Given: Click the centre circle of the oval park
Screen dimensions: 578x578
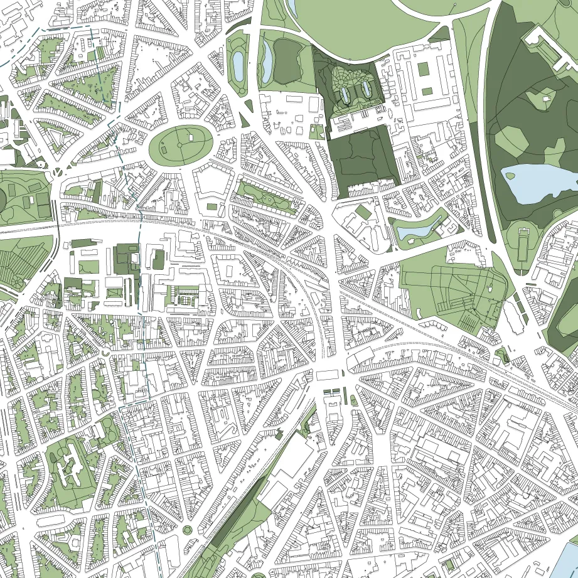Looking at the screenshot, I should [x=179, y=145].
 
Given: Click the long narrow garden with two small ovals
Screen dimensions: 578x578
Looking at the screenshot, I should [x=263, y=197].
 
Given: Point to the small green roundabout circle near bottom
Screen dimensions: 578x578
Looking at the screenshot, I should [x=186, y=531].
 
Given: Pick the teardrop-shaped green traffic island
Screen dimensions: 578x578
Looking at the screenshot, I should [x=352, y=400].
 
